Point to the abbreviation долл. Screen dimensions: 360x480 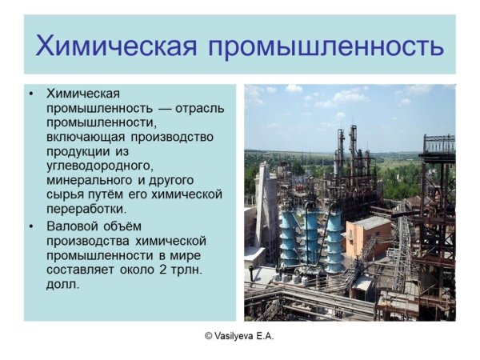(63, 284)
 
